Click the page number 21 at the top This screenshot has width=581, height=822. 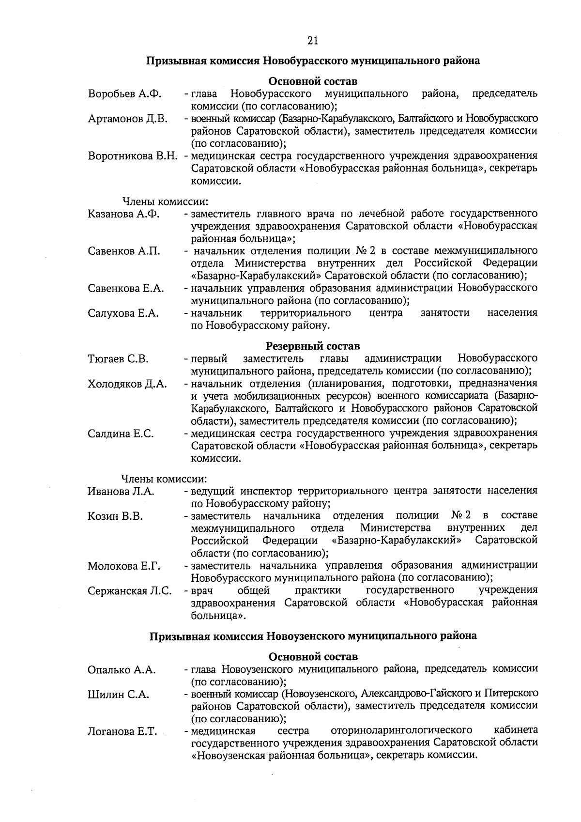312,41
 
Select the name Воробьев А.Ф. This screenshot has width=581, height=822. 124,93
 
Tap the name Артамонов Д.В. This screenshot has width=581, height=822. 128,119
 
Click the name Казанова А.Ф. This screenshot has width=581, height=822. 124,214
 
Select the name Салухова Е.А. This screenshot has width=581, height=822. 123,313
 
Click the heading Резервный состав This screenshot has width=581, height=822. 313,346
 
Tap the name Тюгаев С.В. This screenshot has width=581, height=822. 118,359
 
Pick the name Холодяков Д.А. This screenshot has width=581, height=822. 127,384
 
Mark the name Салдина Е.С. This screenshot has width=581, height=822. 121,434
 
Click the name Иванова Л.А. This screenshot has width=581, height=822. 121,491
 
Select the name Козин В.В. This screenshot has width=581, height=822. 115,516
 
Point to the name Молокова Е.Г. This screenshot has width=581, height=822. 124,566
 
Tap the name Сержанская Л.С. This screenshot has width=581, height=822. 130,590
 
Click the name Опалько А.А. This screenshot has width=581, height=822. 122,670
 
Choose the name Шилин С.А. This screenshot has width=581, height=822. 118,695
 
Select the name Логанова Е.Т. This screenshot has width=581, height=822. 122,731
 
